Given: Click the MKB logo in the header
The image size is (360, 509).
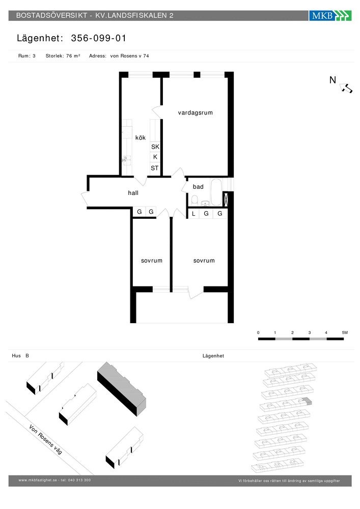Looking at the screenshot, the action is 330,16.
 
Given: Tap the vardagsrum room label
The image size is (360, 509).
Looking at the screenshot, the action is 196,112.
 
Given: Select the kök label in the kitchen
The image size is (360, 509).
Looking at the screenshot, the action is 141,137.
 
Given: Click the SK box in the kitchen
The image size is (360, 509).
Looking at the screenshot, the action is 155,147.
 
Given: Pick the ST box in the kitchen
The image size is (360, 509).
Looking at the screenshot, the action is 155,168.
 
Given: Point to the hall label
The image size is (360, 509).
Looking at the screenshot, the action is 133,193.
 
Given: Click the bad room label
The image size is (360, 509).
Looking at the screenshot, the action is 198,187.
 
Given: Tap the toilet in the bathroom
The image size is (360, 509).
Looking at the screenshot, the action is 195,200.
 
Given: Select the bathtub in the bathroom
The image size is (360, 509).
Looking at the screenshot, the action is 216,192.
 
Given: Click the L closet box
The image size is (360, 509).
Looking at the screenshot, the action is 194,214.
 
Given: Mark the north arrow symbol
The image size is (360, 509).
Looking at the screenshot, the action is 346,88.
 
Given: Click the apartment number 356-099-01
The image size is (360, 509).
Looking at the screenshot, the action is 99,38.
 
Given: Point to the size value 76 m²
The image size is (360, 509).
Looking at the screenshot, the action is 73,56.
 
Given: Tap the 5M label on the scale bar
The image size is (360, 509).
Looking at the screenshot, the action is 345,332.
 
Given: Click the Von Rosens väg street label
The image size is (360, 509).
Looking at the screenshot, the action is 45,439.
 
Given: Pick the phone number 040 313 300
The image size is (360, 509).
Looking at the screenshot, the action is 79,480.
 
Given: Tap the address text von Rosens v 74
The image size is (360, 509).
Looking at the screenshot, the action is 129,56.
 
